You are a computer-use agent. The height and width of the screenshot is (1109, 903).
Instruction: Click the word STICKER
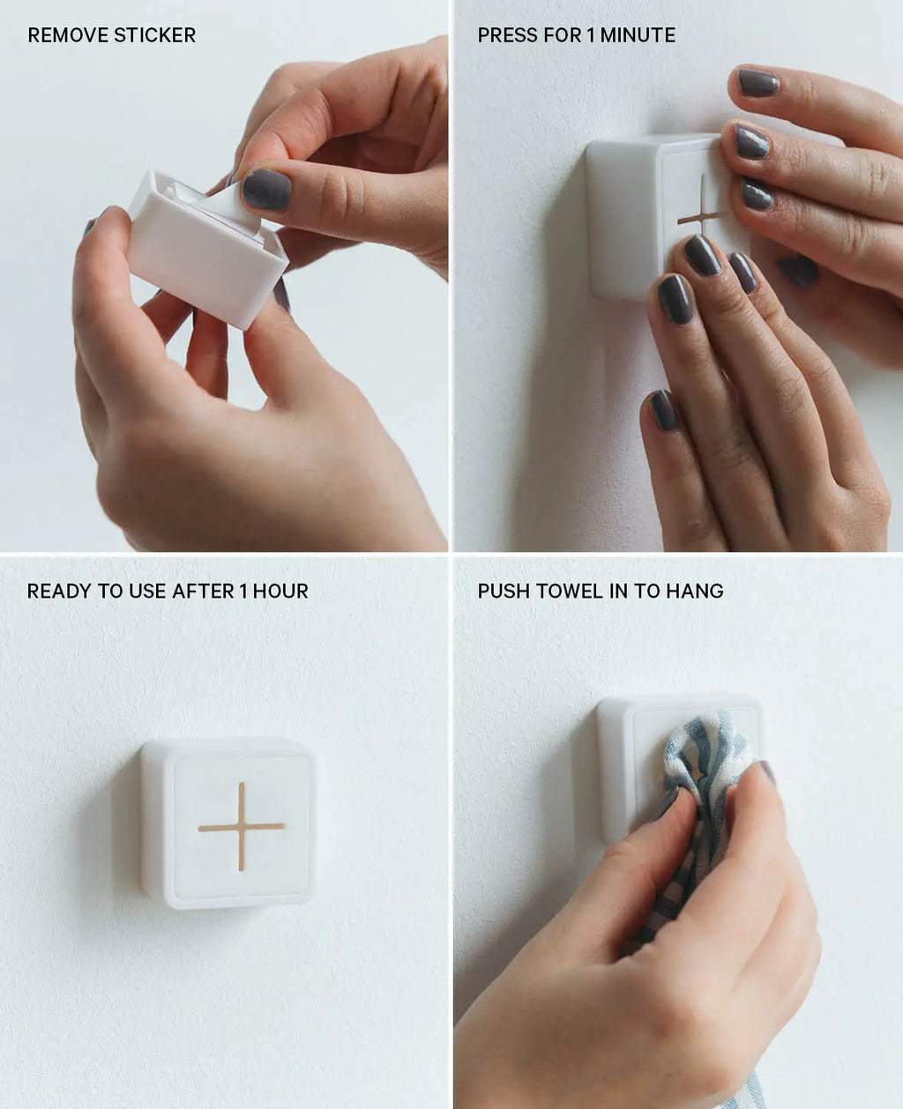[x=154, y=35]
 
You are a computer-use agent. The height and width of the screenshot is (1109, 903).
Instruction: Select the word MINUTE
[x=638, y=35]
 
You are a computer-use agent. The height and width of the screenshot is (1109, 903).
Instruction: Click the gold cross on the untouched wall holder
[x=242, y=826]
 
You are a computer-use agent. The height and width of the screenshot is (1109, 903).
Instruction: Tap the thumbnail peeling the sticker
[x=266, y=190]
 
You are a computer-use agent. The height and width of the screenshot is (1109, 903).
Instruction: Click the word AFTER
[x=203, y=592]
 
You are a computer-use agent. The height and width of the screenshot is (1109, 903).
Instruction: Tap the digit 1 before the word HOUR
[x=243, y=592]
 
